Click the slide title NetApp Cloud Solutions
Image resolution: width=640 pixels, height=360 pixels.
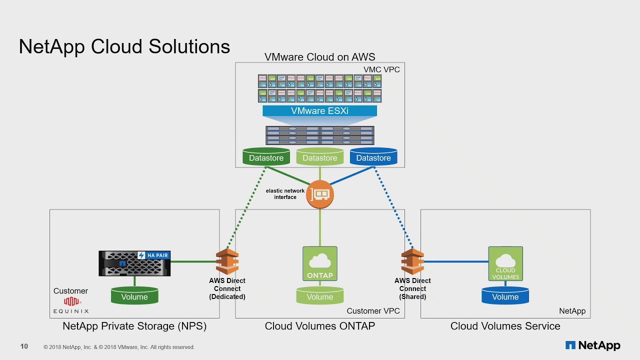click(x=124, y=46)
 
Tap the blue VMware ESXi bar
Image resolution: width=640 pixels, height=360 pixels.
click(x=319, y=111)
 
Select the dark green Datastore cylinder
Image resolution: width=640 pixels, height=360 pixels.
click(x=266, y=157)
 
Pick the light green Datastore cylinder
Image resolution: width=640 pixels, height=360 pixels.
click(x=319, y=157)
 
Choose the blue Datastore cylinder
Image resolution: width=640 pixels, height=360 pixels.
click(x=373, y=157)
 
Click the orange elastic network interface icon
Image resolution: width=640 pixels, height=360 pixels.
click(x=319, y=194)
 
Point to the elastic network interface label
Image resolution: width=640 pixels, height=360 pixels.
click(x=285, y=194)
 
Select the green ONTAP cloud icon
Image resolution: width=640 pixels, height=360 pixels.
click(x=319, y=263)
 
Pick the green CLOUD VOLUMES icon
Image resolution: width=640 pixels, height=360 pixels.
click(x=505, y=263)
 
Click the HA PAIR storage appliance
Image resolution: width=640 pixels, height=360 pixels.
click(x=134, y=263)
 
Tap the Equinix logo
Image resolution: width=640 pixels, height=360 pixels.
click(x=71, y=304)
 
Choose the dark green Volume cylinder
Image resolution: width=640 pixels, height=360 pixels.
click(x=134, y=296)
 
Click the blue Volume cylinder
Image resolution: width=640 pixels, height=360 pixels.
click(x=505, y=296)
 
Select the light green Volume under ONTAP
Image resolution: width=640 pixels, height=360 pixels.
click(x=319, y=296)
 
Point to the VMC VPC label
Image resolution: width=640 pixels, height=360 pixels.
click(x=381, y=69)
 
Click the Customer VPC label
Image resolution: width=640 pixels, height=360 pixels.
click(x=373, y=311)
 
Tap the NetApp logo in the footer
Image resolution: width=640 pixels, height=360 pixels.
click(x=592, y=345)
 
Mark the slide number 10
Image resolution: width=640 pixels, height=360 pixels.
click(x=24, y=346)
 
